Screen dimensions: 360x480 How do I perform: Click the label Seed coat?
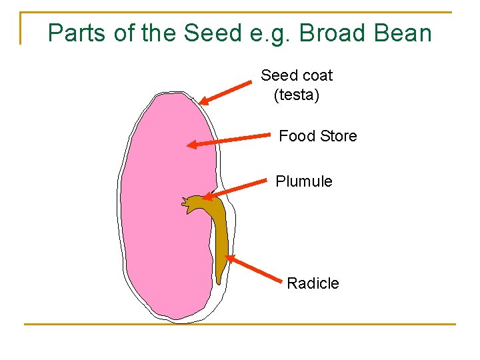pos(297,75)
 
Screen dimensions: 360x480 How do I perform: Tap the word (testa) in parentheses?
pos(297,95)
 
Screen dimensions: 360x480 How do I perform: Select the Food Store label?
pos(317,136)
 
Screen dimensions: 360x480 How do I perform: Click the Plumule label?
pos(304,181)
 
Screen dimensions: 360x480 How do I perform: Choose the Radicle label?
pos(313,283)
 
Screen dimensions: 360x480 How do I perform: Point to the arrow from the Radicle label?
pos(254,269)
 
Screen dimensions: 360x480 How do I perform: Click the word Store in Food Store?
pos(338,136)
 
